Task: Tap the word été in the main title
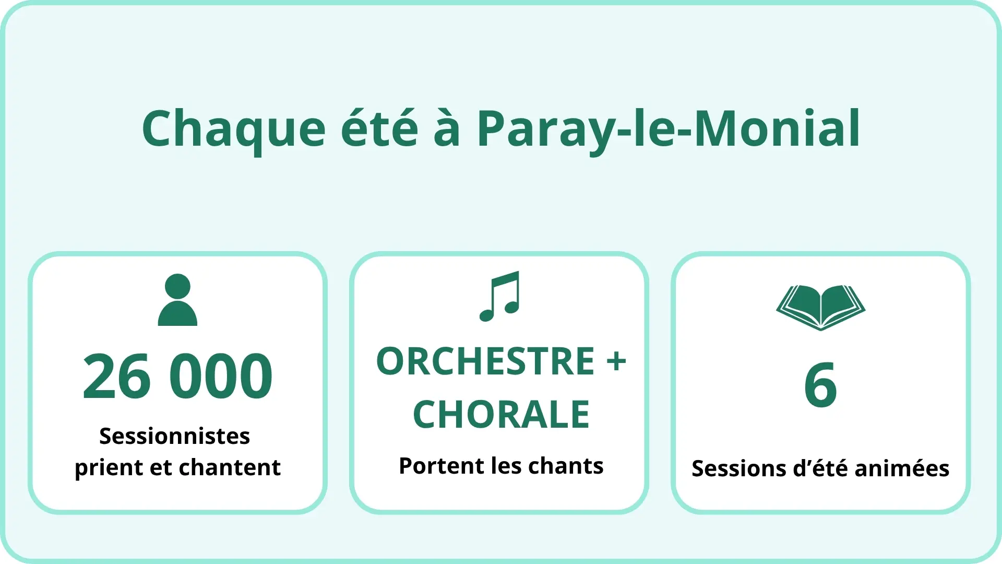[x=379, y=127]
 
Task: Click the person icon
[x=177, y=300]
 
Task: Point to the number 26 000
[x=177, y=376]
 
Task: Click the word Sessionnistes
[x=175, y=436]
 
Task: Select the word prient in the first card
[x=109, y=468]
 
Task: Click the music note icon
[x=500, y=297]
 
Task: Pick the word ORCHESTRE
[x=485, y=361]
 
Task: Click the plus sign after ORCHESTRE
[x=616, y=361]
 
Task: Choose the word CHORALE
[x=501, y=415]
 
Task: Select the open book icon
[x=821, y=308]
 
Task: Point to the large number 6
[x=821, y=385]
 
